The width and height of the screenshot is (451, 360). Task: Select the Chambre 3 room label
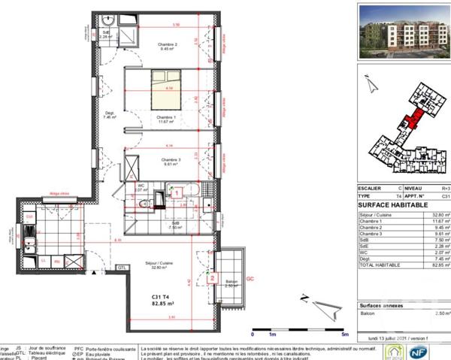coord(167,162)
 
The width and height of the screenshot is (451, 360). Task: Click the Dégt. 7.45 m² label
coord(110,115)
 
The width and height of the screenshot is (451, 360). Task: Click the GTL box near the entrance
coord(121,268)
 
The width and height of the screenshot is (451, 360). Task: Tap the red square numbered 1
coord(175,193)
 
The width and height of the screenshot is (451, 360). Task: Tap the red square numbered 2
coord(213,278)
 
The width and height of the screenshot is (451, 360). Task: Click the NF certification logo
coord(437,351)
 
